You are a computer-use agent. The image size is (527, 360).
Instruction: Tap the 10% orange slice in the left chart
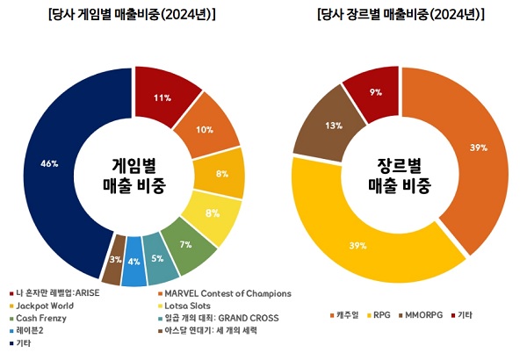(205, 130)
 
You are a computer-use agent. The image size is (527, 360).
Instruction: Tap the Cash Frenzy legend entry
(40, 318)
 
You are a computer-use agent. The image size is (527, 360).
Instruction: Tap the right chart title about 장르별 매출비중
(400, 14)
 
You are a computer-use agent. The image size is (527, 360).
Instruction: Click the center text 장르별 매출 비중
(401, 175)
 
